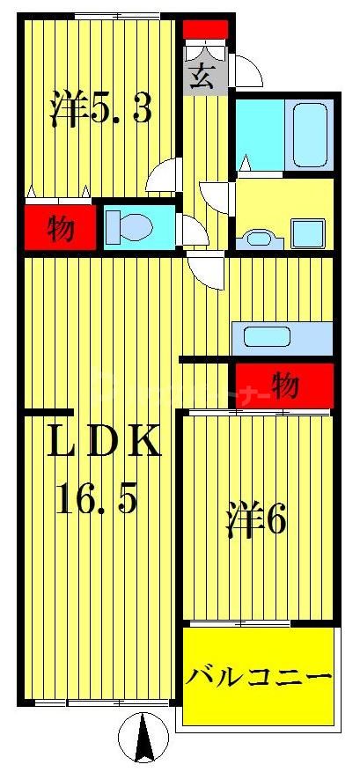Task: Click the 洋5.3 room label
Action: (100, 109)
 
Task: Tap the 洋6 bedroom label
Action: (254, 522)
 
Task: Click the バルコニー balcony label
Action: (259, 678)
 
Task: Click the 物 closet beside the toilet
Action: (60, 229)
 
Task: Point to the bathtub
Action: (310, 134)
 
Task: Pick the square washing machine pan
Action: (310, 233)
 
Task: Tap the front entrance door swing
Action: (247, 71)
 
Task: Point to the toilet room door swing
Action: (190, 232)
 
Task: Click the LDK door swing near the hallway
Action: (207, 269)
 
